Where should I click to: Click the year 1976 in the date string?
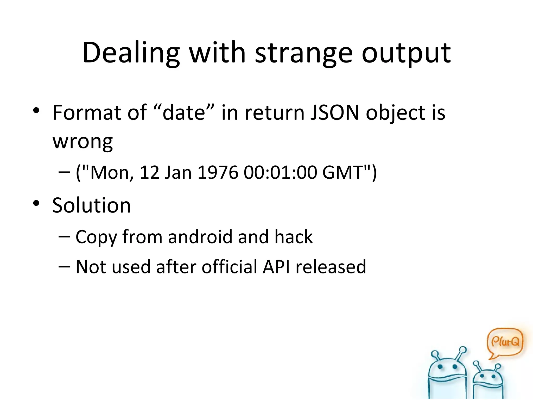(218, 172)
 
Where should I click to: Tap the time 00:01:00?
(280, 172)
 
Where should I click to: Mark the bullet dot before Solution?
(36, 203)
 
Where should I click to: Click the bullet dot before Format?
(36, 110)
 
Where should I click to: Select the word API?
(276, 267)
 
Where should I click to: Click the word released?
(331, 267)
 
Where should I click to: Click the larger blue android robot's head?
(447, 368)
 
